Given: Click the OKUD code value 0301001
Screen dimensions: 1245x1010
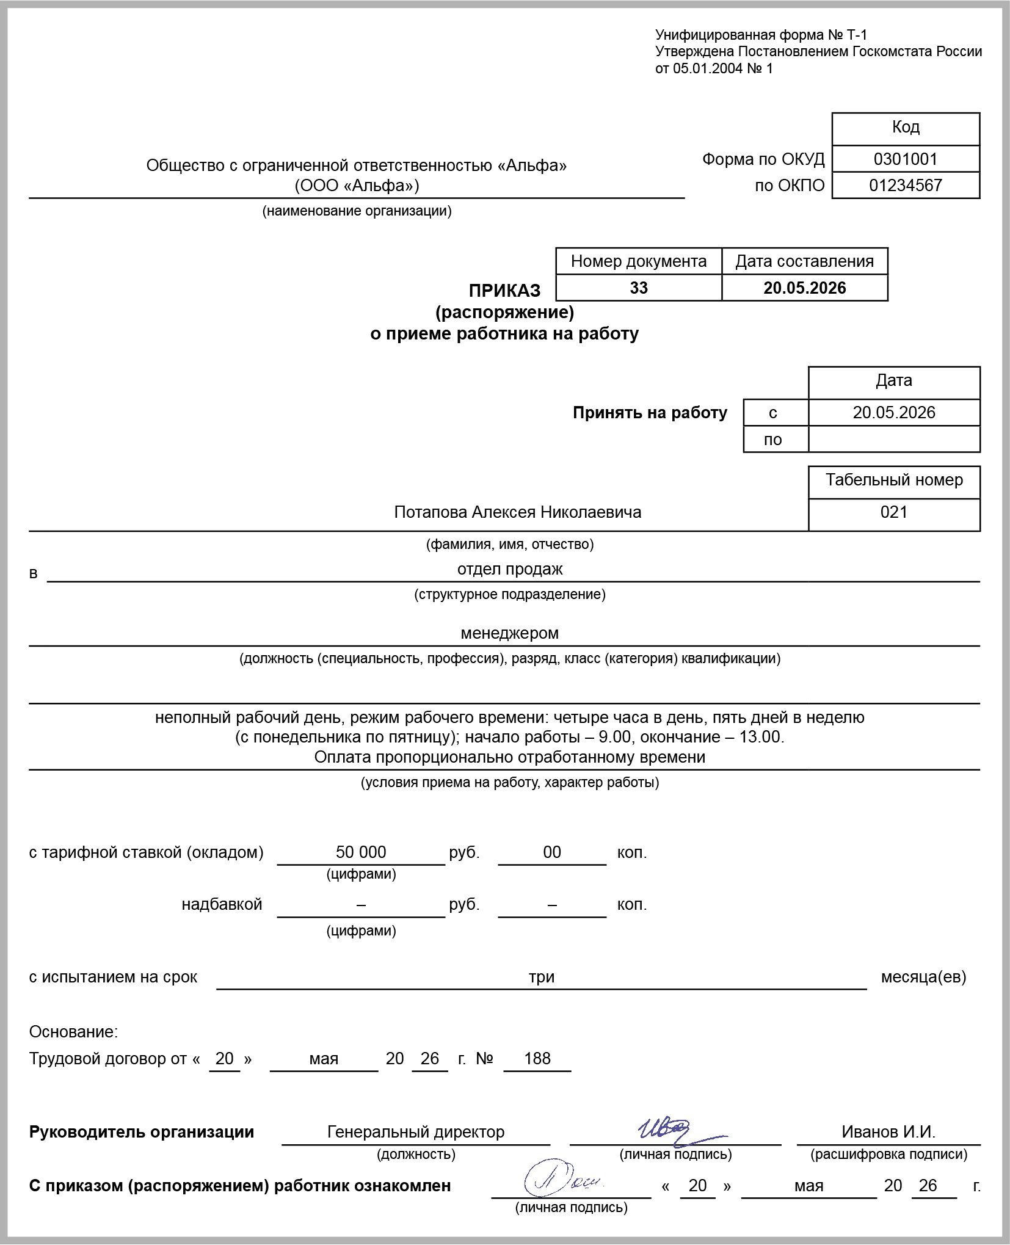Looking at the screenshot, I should point(905,159).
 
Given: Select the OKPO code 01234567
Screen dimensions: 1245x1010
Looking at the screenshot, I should point(905,186).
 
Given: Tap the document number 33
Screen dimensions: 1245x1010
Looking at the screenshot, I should point(638,288).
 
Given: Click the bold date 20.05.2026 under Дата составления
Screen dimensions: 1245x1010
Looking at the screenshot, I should point(804,288).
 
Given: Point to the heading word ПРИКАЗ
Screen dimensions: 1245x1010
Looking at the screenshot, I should point(504,291).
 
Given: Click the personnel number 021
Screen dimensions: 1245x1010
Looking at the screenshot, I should point(893,512).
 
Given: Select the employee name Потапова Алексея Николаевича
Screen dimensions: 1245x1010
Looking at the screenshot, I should point(517,512).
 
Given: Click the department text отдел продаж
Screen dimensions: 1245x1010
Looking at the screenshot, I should point(510,569).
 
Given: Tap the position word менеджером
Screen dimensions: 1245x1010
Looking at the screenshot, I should point(509,633).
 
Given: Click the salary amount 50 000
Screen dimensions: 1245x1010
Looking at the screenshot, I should point(361,852).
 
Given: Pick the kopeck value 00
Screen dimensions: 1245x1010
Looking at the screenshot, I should point(552,852).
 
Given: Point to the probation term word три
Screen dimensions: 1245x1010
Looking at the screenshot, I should point(542,977).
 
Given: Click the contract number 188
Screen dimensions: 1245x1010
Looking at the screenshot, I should point(537,1059).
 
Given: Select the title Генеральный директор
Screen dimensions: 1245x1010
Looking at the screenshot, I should point(416,1132).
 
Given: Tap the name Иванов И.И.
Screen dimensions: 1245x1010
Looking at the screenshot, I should point(888,1132).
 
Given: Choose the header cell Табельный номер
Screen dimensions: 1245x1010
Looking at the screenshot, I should point(894,481).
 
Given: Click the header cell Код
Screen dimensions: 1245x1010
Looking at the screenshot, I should point(906,127).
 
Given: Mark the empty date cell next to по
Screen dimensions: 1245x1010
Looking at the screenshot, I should point(894,440).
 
